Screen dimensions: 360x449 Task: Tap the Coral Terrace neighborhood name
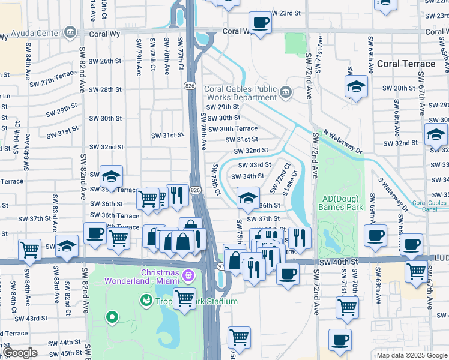[x=406, y=64]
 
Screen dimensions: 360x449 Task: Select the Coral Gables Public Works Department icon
[x=285, y=92]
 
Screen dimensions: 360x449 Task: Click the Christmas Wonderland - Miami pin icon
[x=189, y=275]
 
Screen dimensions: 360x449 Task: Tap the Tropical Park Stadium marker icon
[x=146, y=300]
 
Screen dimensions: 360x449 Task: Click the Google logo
[x=19, y=353]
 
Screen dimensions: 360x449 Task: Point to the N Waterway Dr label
[x=343, y=142]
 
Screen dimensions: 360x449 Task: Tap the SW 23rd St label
[x=285, y=13]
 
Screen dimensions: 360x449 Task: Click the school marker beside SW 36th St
[x=247, y=197]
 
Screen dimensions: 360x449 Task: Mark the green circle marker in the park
[x=111, y=317]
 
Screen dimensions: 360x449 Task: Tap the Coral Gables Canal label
[x=429, y=206]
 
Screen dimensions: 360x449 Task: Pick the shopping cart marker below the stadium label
[x=184, y=298]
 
